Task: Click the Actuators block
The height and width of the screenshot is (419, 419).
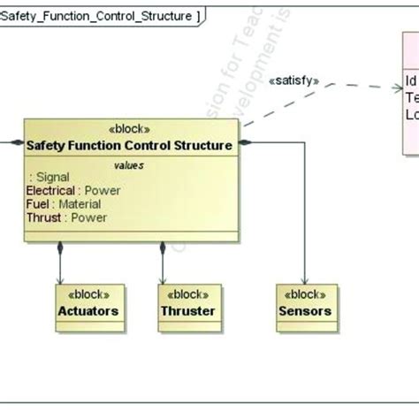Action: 88,303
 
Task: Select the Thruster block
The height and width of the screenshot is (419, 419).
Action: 188,303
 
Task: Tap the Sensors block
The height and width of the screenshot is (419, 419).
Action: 305,303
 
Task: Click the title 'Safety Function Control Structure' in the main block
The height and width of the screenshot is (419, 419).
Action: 130,145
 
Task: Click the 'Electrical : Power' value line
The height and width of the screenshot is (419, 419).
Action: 73,190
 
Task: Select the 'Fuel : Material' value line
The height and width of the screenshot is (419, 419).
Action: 64,204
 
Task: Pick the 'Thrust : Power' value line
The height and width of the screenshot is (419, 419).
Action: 66,217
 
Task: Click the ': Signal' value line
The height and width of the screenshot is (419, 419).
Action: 50,177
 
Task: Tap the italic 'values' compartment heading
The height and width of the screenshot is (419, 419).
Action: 129,164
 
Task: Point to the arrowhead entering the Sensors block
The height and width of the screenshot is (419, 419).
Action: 305,279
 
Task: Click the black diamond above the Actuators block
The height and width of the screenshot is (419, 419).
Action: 60,249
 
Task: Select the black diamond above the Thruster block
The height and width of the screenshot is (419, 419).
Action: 162,249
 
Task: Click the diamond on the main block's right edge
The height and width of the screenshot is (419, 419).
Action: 246,141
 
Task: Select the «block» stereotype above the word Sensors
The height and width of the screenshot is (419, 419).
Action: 305,295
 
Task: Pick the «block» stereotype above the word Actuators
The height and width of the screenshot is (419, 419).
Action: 88,295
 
